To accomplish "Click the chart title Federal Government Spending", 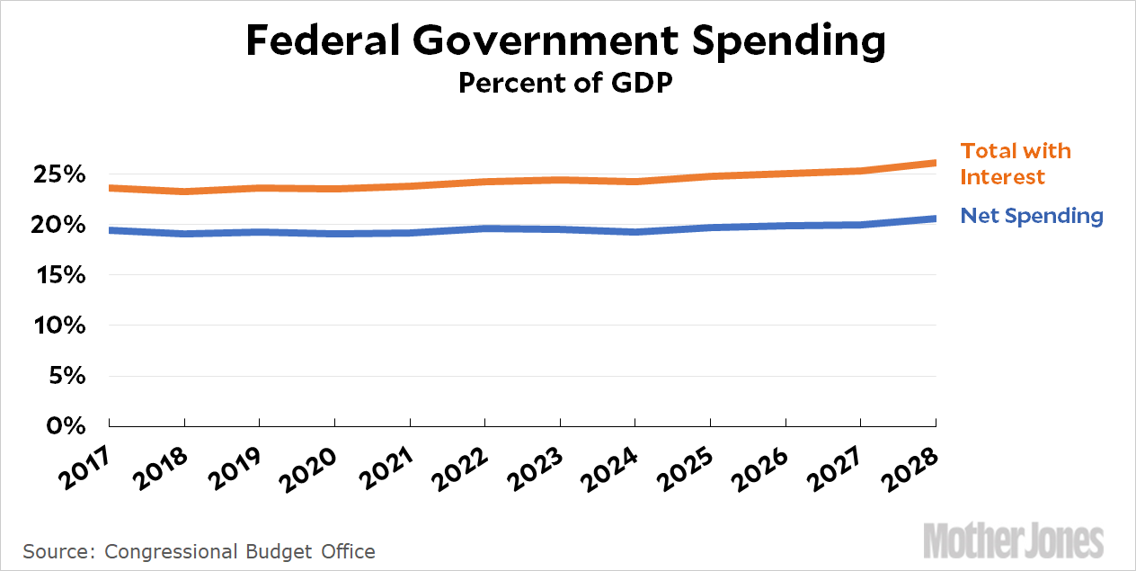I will point(566,41).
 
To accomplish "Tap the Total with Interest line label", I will point(1016,164).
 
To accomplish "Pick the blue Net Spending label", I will point(1031,216).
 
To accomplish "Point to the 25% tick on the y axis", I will point(60,174).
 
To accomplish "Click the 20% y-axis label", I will point(60,225).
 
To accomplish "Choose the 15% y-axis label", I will point(60,275).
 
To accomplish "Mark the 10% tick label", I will point(60,326).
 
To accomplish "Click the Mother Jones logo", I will point(1013,540).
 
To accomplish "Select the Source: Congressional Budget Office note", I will point(199,551).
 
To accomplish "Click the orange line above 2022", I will point(484,182).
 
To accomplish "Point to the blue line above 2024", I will point(635,232).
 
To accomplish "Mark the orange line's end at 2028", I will point(935,163).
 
